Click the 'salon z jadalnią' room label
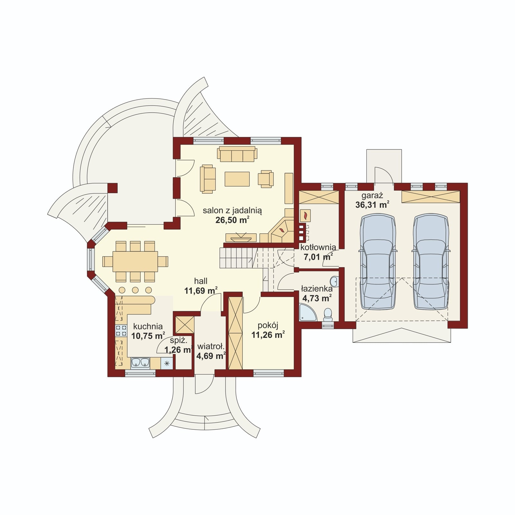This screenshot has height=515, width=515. [232, 211]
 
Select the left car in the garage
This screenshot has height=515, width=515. [378, 262]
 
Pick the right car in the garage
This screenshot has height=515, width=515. [431, 262]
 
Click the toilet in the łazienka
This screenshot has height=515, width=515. [328, 314]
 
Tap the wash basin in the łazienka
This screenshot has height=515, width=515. [335, 281]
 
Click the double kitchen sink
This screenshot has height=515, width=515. [140, 363]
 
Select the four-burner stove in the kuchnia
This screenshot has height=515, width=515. [121, 331]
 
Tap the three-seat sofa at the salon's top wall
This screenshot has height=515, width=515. [237, 154]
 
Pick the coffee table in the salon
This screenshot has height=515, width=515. [237, 179]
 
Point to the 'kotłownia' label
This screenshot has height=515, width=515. [318, 248]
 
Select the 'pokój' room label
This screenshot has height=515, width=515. [268, 325]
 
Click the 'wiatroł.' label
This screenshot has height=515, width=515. [211, 347]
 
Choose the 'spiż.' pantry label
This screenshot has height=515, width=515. [178, 341]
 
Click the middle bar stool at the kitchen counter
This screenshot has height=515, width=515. [135, 290]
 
